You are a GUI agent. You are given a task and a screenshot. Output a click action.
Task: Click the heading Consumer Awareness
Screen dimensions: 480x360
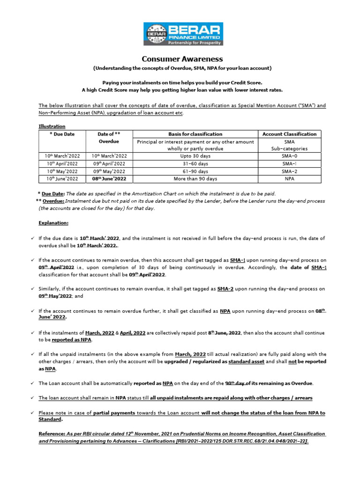(x=180, y=59)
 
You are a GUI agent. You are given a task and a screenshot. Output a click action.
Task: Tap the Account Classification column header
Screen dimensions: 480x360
(x=289, y=134)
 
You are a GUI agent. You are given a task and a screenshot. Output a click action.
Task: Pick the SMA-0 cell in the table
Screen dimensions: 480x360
(x=289, y=156)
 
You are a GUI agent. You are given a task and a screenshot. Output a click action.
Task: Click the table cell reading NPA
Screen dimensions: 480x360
(x=289, y=179)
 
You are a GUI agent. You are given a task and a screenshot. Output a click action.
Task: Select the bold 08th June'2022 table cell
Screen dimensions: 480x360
(x=109, y=179)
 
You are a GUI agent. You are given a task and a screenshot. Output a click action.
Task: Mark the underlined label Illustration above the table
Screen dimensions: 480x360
(x=52, y=126)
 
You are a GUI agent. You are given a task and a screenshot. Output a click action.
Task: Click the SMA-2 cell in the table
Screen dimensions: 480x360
(x=289, y=171)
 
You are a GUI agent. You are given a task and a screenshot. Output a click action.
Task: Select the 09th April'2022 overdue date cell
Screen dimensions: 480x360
(x=109, y=164)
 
